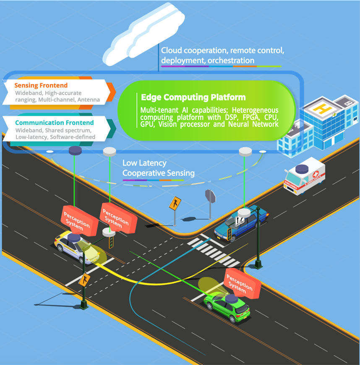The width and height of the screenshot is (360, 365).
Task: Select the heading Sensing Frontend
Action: pos(41,85)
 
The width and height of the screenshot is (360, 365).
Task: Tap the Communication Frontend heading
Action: pos(55,123)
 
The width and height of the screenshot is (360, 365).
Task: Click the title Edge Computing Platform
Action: pos(193,97)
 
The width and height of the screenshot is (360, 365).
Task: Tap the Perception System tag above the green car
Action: pos(243,284)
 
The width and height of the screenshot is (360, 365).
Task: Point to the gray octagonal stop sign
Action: pos(210,196)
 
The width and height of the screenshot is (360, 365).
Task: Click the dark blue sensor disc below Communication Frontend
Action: pos(76,150)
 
